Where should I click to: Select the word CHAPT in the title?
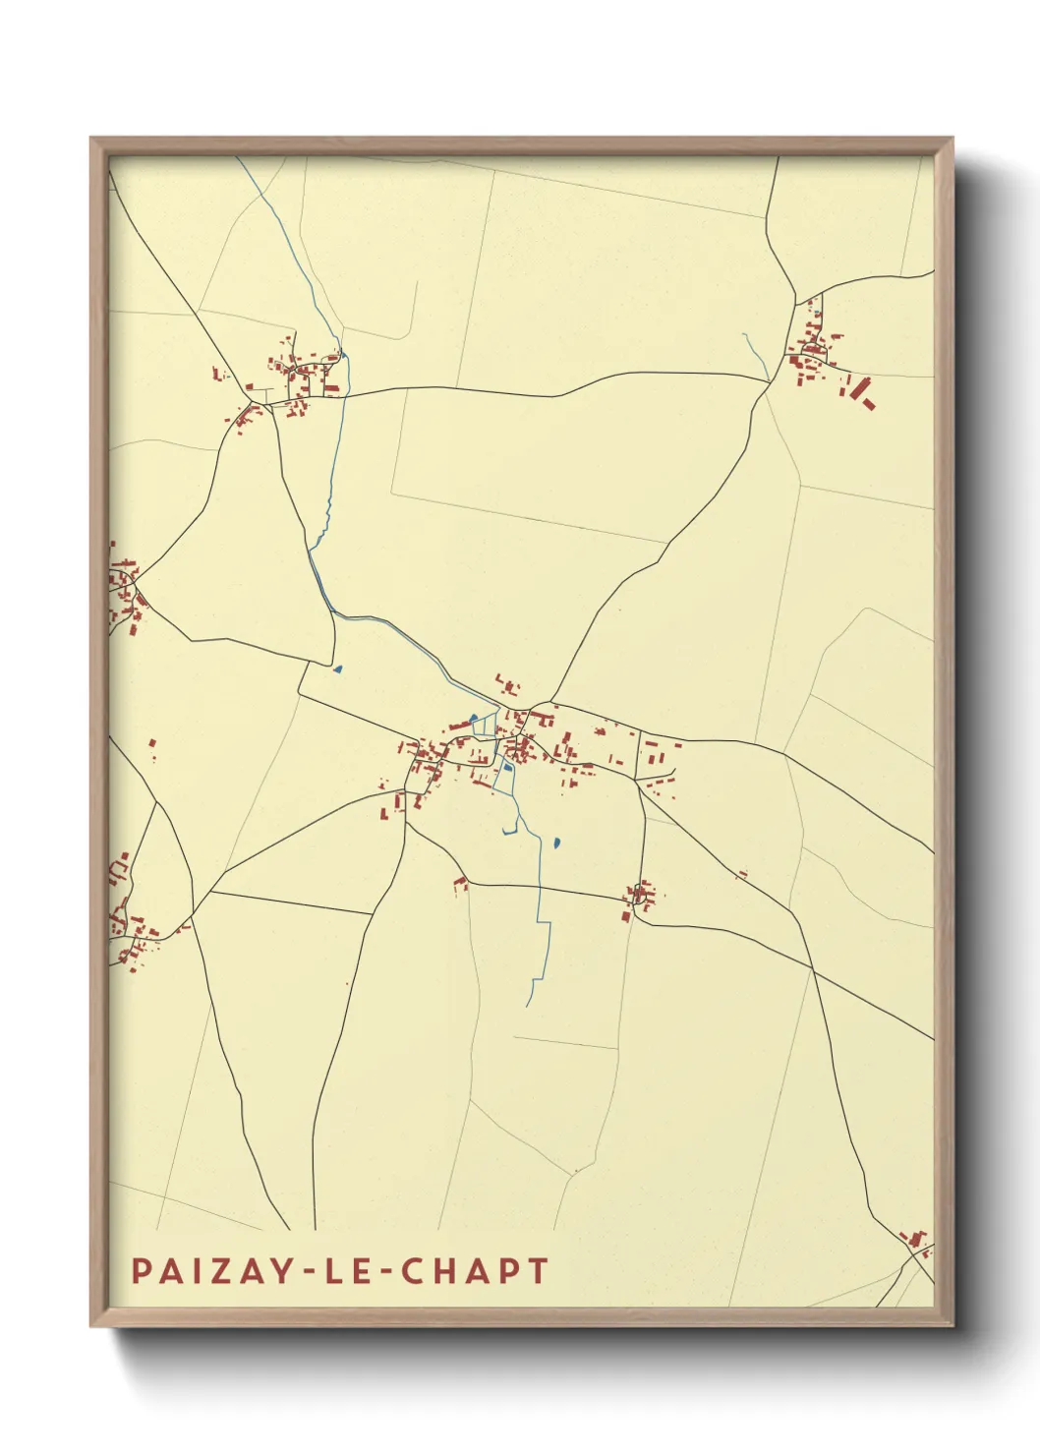[475, 1270]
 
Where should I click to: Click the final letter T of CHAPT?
[537, 1270]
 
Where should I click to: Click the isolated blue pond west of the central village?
[338, 669]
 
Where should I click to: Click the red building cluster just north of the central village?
[508, 685]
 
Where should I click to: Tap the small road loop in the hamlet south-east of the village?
[640, 895]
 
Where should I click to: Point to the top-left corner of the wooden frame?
[91, 139]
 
